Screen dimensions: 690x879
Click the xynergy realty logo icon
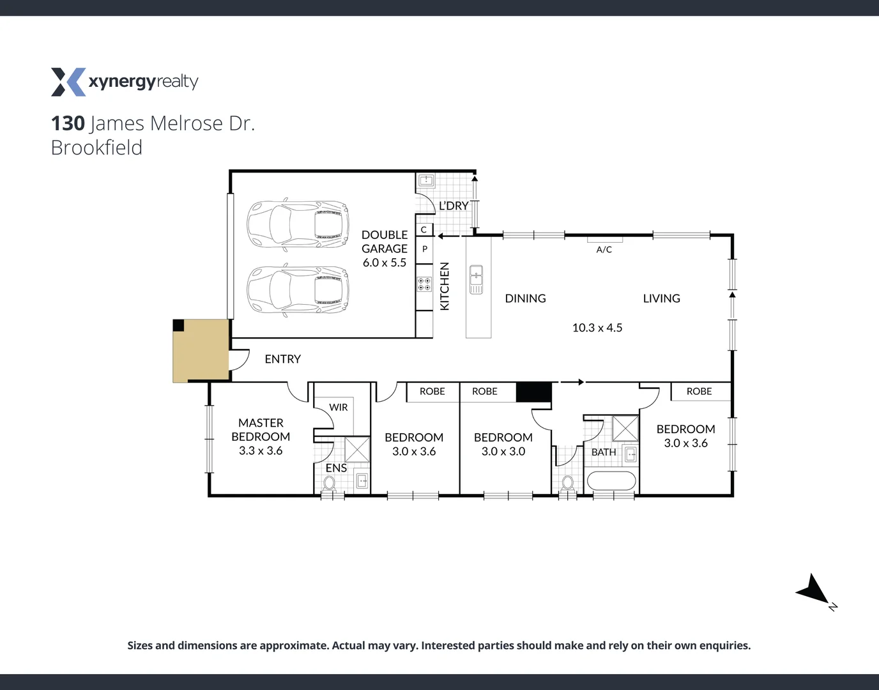68,82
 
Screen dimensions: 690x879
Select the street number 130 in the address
68,123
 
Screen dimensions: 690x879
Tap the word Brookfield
96,148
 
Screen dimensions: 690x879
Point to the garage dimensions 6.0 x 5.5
384,263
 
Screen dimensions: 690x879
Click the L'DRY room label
454,206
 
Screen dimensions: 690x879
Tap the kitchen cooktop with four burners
424,284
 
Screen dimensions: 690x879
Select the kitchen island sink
476,279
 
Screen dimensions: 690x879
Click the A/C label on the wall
604,249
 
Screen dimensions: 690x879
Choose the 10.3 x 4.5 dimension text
597,328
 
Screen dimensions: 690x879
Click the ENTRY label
282,359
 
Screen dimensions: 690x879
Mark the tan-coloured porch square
201,351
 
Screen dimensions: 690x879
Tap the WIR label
339,408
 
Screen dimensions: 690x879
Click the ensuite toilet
329,484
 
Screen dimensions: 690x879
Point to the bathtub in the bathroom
611,480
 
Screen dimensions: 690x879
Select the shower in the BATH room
625,428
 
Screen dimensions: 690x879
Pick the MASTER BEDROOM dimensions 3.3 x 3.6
261,450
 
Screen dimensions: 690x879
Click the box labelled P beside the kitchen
425,249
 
